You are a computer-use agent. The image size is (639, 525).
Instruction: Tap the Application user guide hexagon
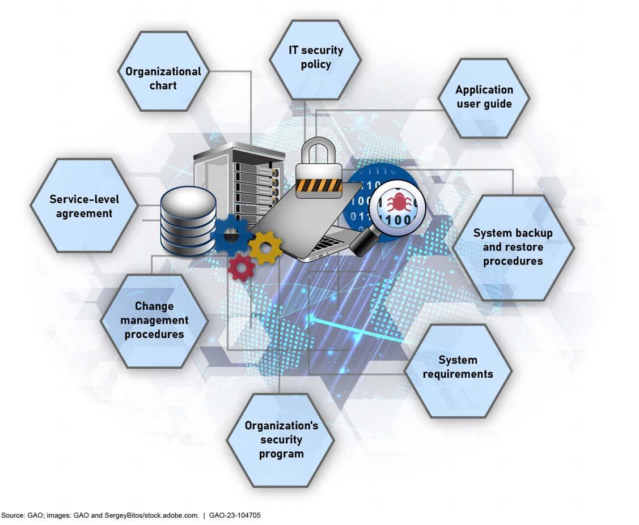(484, 97)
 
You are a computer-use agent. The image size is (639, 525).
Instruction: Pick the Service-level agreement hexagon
(84, 206)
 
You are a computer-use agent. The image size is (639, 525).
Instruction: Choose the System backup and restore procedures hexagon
(513, 247)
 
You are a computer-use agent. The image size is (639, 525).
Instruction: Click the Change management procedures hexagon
(154, 321)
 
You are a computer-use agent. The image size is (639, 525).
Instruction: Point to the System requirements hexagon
(458, 367)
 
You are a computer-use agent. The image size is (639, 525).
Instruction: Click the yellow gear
(265, 246)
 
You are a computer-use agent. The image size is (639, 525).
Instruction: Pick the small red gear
(241, 266)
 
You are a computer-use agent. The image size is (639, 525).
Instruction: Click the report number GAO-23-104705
(235, 515)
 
